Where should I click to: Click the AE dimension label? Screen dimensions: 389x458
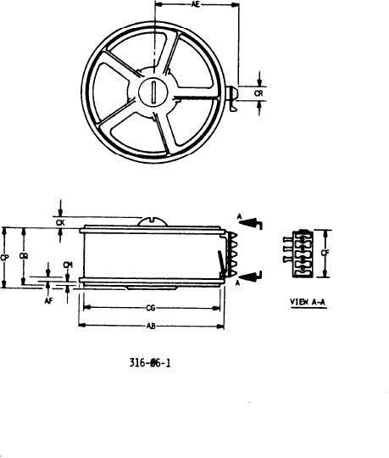[x=196, y=4]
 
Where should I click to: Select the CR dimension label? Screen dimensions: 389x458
[x=258, y=93]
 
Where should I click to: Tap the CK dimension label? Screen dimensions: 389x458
[x=60, y=223]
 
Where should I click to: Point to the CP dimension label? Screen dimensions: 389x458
[x=5, y=257]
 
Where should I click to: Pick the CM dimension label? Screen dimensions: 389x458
[x=68, y=265]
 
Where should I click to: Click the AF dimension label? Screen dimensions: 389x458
[x=49, y=301]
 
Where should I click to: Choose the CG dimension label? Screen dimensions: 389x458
[x=151, y=308]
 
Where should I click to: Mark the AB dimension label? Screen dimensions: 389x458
[x=151, y=326]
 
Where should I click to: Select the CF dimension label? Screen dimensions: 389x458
[x=325, y=253]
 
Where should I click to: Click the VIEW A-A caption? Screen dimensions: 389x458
[x=308, y=302]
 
